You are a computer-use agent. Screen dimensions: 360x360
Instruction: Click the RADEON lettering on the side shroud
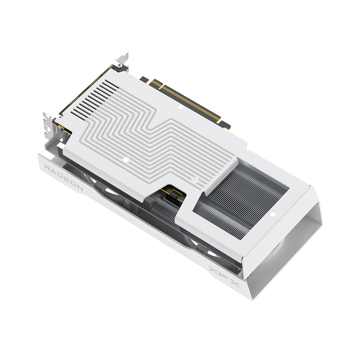(63, 177)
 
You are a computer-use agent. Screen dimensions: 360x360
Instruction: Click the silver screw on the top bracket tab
(119, 66)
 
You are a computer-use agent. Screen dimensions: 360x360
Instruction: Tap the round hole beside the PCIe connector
(180, 107)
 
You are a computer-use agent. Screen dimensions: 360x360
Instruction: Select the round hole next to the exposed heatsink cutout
(273, 215)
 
